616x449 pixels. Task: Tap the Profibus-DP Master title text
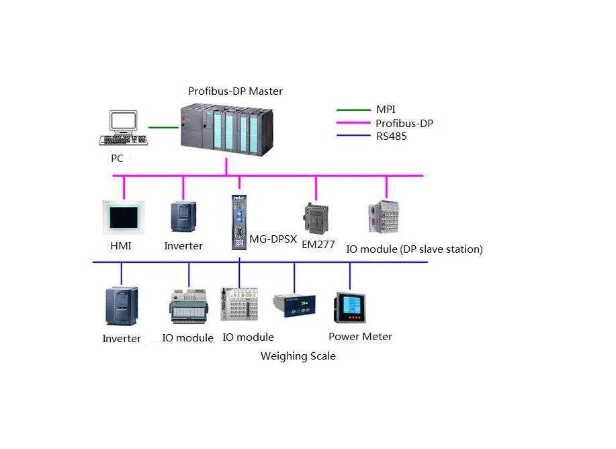pos(235,91)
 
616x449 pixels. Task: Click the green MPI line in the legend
pos(353,110)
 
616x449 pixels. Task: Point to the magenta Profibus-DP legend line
pos(353,123)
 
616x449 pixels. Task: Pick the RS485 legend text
pos(391,136)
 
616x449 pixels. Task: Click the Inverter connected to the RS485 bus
pos(121,307)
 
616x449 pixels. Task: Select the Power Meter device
pos(349,307)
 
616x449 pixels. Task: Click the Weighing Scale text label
pos(298,356)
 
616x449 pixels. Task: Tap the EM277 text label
pos(318,245)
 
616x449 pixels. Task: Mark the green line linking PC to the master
pos(163,127)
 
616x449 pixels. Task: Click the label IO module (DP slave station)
pos(414,249)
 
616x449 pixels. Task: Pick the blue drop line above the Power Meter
pos(349,276)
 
